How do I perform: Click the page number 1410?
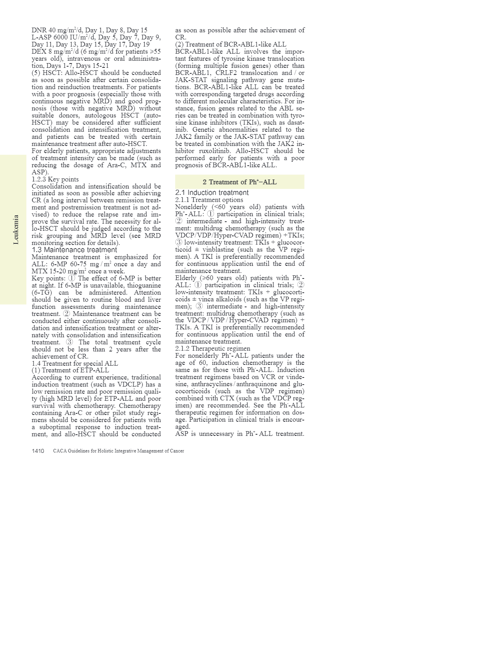pyautogui.click(x=38, y=451)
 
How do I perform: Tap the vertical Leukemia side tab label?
pyautogui.click(x=16, y=230)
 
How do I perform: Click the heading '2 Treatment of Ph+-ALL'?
pyautogui.click(x=240, y=182)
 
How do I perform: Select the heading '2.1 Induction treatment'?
pyautogui.click(x=212, y=192)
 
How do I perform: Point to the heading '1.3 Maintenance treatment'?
pyautogui.click(x=74, y=250)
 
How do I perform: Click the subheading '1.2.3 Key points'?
pyautogui.click(x=55, y=179)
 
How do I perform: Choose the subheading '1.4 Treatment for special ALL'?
pyautogui.click(x=74, y=363)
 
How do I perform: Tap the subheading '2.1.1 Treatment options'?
pyautogui.click(x=209, y=200)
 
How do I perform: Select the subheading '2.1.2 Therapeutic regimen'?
pyautogui.click(x=212, y=348)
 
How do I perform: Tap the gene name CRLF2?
pyautogui.click(x=226, y=73)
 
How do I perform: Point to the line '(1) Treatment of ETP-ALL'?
pyautogui.click(x=70, y=370)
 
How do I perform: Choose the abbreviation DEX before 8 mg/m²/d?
pyautogui.click(x=38, y=51)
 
